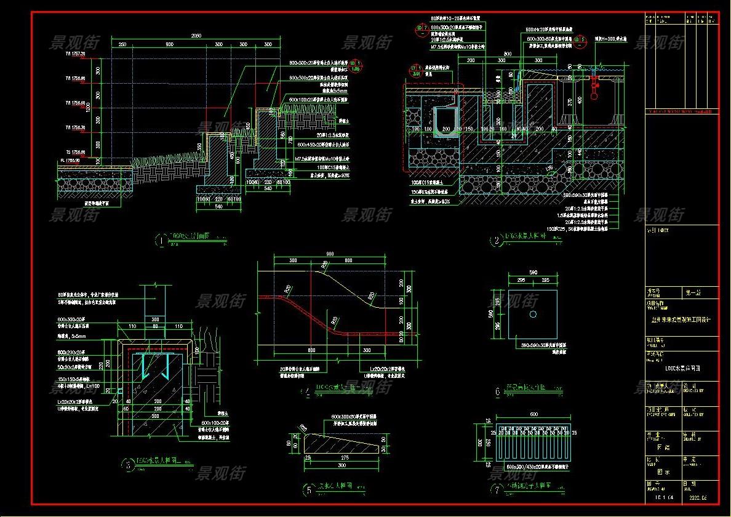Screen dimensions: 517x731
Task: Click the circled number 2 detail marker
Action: [497, 241]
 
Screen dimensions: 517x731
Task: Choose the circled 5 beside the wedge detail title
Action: [308, 491]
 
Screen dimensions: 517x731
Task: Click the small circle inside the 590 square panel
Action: [533, 314]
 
